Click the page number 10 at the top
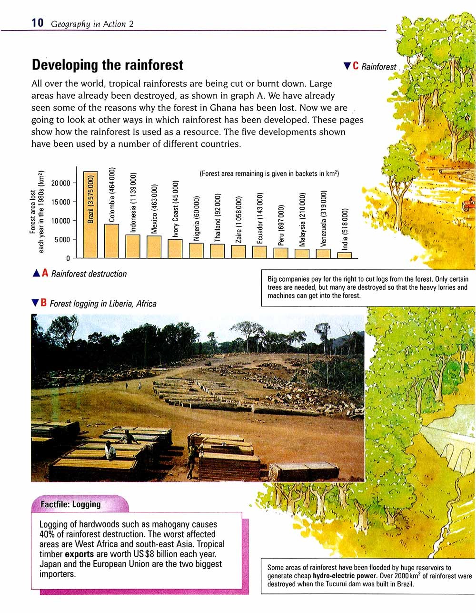point(37,22)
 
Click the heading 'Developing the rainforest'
point(107,65)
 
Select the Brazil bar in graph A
point(90,215)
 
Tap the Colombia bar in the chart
point(111,241)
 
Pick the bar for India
point(345,255)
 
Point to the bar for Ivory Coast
point(175,248)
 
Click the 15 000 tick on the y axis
point(61,202)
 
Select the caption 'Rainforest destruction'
point(89,274)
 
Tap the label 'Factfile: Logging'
point(70,504)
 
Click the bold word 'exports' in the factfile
point(79,554)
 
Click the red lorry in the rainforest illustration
point(469,204)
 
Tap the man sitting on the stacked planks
point(110,450)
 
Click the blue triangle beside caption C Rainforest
point(347,66)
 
